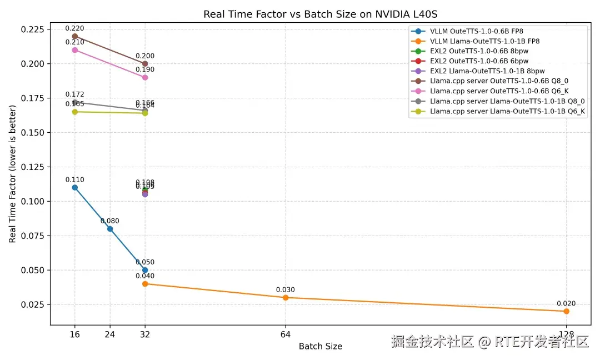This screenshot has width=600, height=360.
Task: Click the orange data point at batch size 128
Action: pyautogui.click(x=566, y=311)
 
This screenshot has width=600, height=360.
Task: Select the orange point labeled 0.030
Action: pyautogui.click(x=286, y=297)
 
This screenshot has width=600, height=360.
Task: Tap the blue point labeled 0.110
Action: pyautogui.click(x=75, y=187)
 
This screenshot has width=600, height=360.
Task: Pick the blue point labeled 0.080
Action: pyautogui.click(x=110, y=229)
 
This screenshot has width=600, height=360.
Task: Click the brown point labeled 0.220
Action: pyautogui.click(x=75, y=36)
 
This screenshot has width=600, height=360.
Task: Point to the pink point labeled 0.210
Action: pyautogui.click(x=75, y=50)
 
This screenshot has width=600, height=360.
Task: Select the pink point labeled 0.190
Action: pyautogui.click(x=145, y=77)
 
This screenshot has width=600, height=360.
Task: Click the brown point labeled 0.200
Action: pyautogui.click(x=145, y=64)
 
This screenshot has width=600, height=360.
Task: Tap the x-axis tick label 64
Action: pyautogui.click(x=286, y=334)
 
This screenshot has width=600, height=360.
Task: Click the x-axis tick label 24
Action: pyautogui.click(x=110, y=334)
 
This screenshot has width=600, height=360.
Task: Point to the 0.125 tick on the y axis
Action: pyautogui.click(x=35, y=167)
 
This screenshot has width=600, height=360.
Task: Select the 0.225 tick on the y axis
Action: pyautogui.click(x=35, y=29)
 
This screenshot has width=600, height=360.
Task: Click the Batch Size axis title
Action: pyautogui.click(x=320, y=346)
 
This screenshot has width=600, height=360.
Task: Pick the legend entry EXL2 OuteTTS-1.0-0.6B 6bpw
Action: pyautogui.click(x=479, y=61)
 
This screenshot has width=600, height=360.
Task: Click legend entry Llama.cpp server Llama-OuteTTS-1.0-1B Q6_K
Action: pyautogui.click(x=507, y=111)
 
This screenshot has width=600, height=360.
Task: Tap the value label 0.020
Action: pyautogui.click(x=566, y=303)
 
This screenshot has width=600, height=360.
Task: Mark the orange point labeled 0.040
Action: pyautogui.click(x=145, y=284)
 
